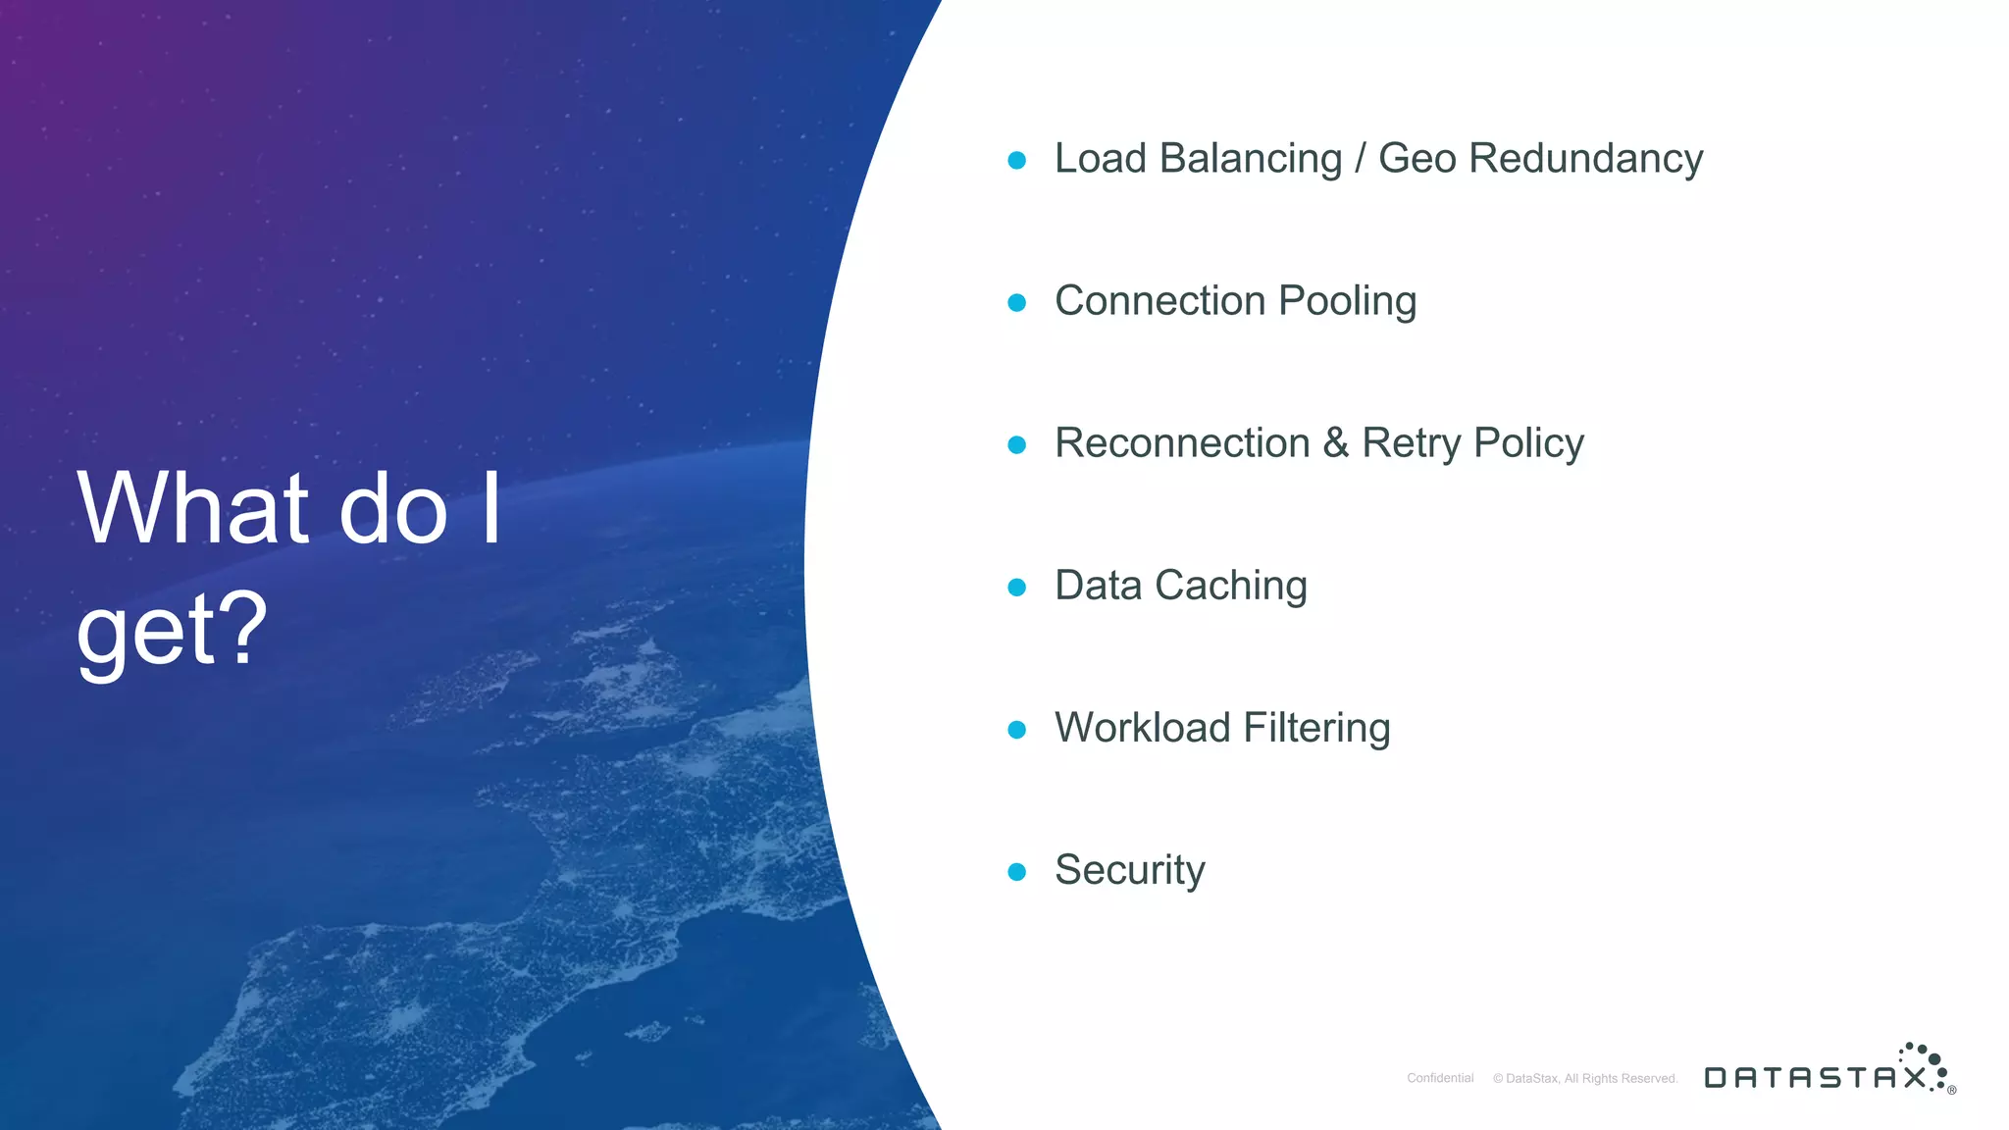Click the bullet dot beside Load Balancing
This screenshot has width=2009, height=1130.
pos(1017,160)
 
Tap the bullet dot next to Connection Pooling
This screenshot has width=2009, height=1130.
pos(1017,302)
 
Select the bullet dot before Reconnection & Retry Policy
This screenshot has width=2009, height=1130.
pos(1017,444)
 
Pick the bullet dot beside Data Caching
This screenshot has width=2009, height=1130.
pos(1017,587)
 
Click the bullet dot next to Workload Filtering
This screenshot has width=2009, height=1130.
pos(1017,729)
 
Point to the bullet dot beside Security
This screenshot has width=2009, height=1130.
pos(1017,871)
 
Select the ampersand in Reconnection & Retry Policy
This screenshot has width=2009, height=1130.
pos(1335,443)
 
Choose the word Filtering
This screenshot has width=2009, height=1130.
pos(1316,728)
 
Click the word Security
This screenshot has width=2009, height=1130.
pos(1129,870)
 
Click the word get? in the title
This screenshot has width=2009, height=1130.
pos(172,629)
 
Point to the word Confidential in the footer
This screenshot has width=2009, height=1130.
pos(1440,1078)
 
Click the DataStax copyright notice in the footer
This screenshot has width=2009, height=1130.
pos(1585,1078)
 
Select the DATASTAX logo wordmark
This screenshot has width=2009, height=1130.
pos(1816,1077)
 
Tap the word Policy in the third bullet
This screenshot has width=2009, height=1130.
pos(1528,443)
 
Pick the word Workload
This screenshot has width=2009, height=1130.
pos(1142,728)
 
